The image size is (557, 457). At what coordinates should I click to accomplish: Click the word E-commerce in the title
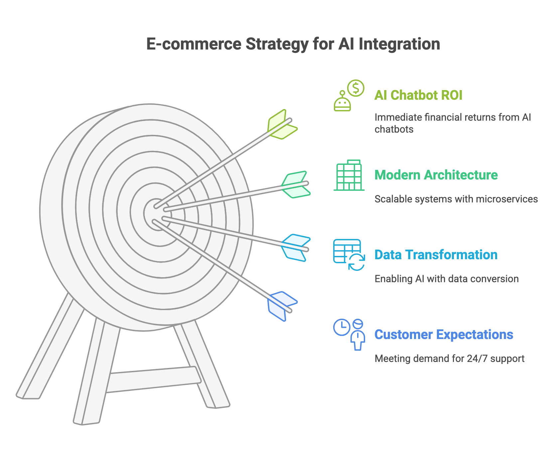pyautogui.click(x=194, y=44)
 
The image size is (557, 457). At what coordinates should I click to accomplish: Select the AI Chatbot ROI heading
pyautogui.click(x=418, y=95)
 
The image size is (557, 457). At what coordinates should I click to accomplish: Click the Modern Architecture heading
pyautogui.click(x=436, y=175)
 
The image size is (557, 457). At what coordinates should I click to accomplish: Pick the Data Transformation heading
pyautogui.click(x=436, y=255)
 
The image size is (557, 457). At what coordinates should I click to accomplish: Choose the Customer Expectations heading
pyautogui.click(x=444, y=335)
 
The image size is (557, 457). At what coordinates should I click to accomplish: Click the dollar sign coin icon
pyautogui.click(x=356, y=88)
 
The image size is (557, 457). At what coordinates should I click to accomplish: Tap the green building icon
pyautogui.click(x=349, y=175)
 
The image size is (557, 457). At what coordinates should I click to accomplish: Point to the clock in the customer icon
pyautogui.click(x=342, y=327)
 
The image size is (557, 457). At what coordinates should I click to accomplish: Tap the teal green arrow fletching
pyautogui.click(x=296, y=184)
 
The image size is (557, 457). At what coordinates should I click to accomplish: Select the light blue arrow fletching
pyautogui.click(x=296, y=248)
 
